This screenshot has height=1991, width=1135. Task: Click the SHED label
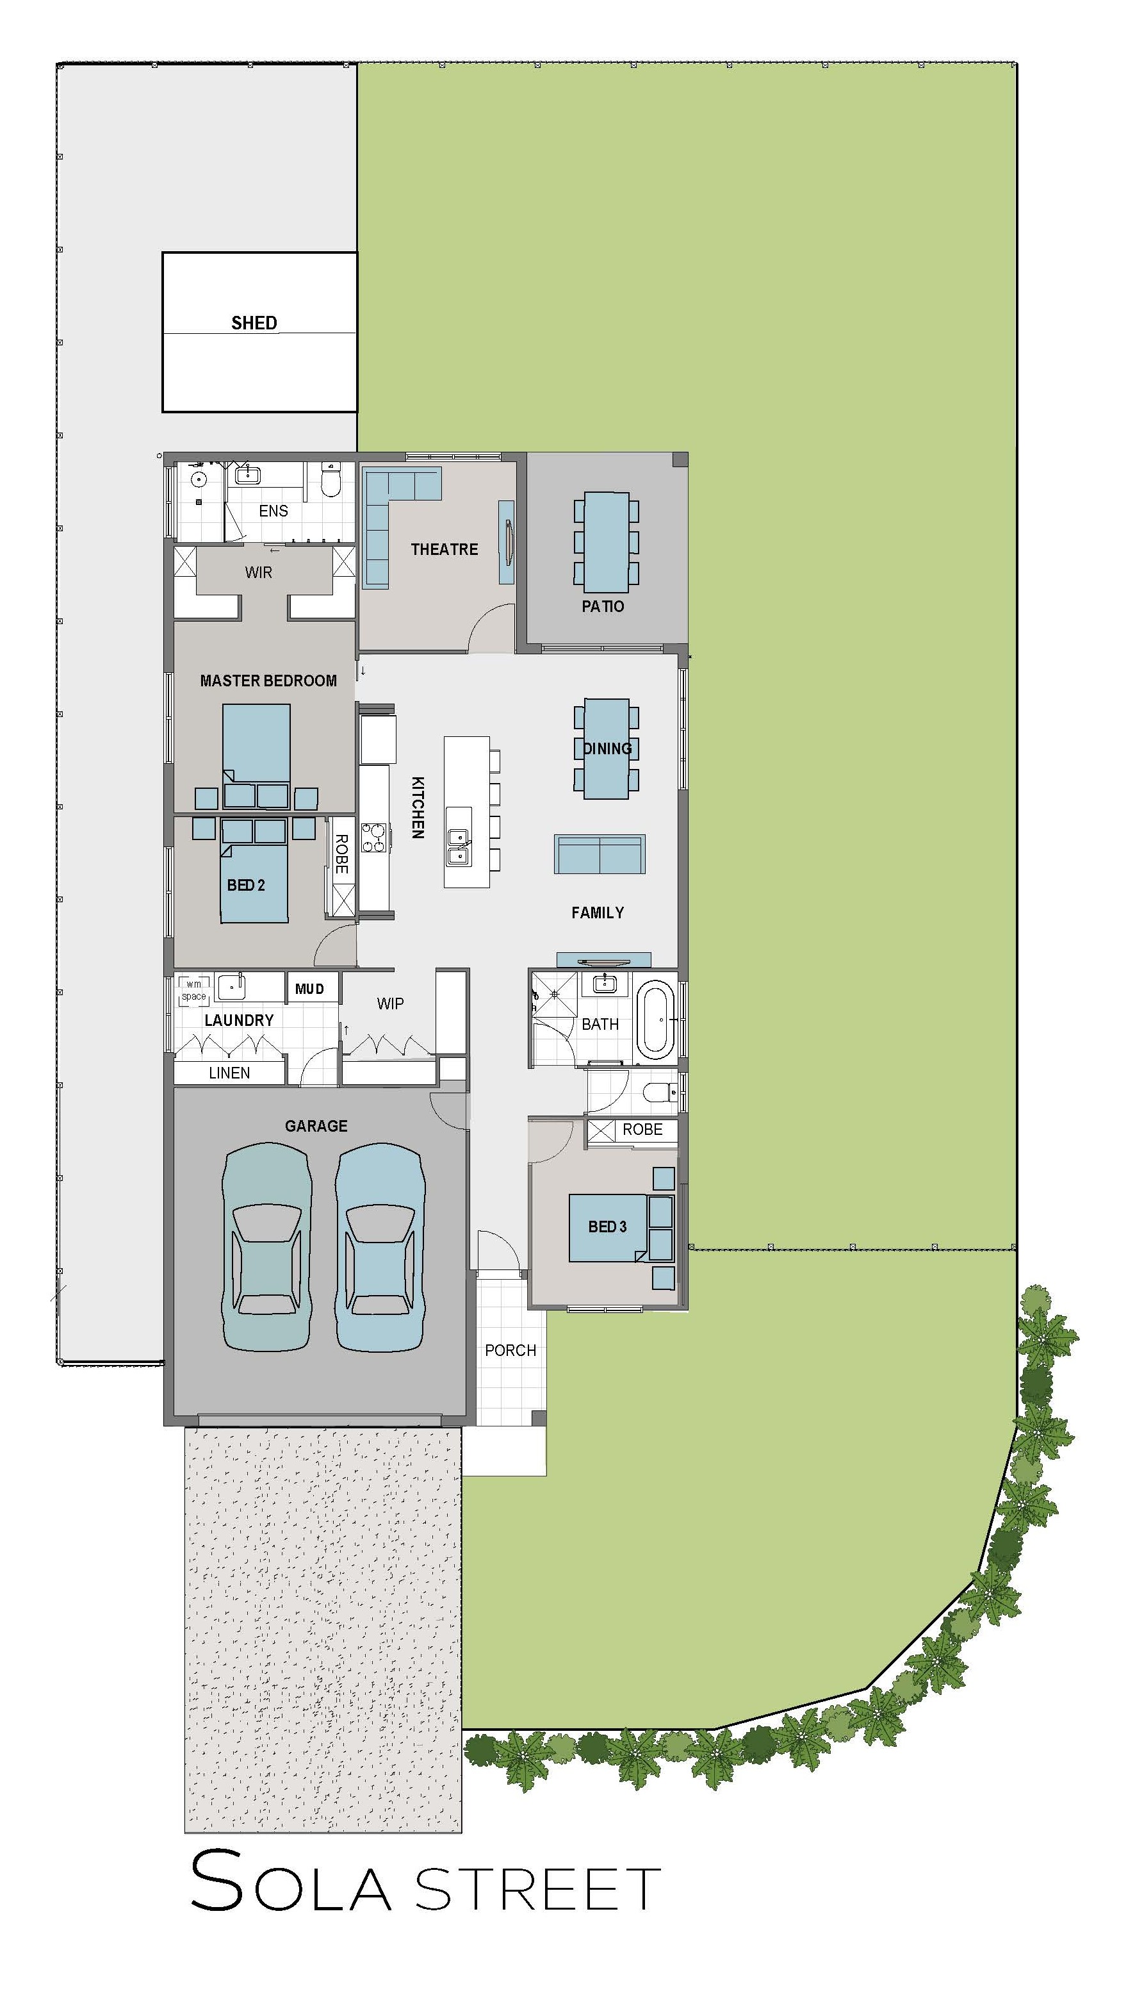(x=254, y=323)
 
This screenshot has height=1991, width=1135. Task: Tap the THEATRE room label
(x=445, y=549)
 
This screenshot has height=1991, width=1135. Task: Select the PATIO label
(x=603, y=606)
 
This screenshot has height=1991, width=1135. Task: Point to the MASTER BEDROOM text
(x=268, y=681)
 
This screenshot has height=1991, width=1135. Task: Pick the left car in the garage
(x=266, y=1246)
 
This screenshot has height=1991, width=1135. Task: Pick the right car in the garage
(x=380, y=1246)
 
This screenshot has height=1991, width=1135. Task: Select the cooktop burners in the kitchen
(x=374, y=837)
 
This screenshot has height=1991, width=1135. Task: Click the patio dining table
(x=607, y=542)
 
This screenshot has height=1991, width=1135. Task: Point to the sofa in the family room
(x=600, y=854)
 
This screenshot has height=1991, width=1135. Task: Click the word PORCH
(x=510, y=1350)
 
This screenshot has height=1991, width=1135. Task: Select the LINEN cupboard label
(x=229, y=1073)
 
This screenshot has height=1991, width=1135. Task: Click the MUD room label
(x=309, y=989)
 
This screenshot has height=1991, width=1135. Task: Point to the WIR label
(x=259, y=572)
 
